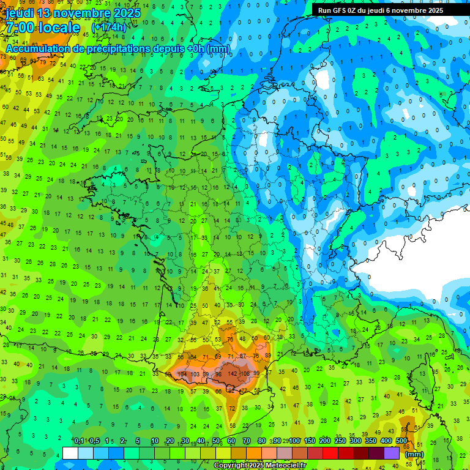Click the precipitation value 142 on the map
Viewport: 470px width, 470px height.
pyautogui.click(x=233, y=373)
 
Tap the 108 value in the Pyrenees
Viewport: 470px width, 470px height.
pyautogui.click(x=245, y=373)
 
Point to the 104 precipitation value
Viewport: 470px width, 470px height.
pyautogui.click(x=182, y=373)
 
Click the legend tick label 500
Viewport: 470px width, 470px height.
pyautogui.click(x=401, y=441)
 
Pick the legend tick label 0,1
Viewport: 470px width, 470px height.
pyautogui.click(x=79, y=441)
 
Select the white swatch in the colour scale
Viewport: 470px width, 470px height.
pyautogui.click(x=70, y=453)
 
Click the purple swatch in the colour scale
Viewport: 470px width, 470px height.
pyautogui.click(x=392, y=453)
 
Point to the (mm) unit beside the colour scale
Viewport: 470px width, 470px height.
pyautogui.click(x=414, y=454)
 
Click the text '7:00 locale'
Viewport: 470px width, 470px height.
pyautogui.click(x=43, y=28)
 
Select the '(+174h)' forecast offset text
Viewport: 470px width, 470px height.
pyautogui.click(x=108, y=28)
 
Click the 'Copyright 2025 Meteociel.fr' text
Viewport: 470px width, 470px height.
pyautogui.click(x=259, y=466)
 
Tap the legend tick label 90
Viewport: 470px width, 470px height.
pyautogui.click(x=277, y=441)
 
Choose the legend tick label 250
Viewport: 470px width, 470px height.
pyautogui.click(x=340, y=441)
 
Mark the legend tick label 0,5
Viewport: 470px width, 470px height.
pyautogui.click(x=94, y=441)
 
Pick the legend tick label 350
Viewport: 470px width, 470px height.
pyautogui.click(x=371, y=441)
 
